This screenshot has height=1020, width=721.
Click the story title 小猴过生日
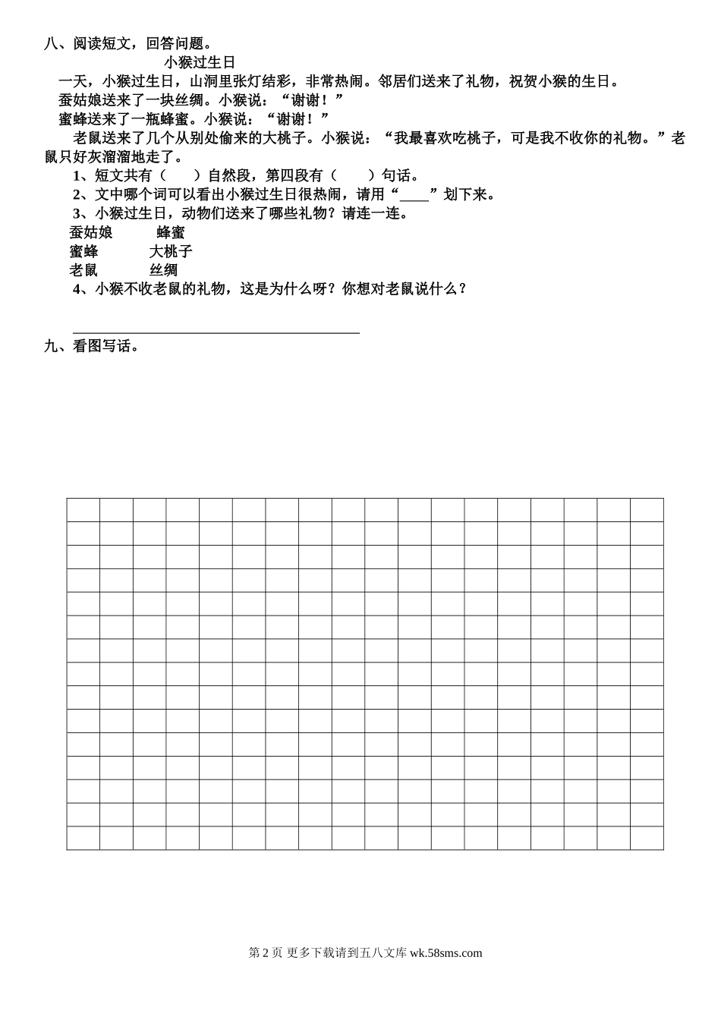point(200,62)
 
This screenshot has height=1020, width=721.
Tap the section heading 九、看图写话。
point(92,346)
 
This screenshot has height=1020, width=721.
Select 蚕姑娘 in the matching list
point(90,232)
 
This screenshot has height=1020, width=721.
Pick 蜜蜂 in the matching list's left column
point(83,251)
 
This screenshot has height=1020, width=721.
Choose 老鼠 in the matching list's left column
point(83,269)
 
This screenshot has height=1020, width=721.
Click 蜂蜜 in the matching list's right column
point(171,232)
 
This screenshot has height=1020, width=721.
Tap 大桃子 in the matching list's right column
point(171,251)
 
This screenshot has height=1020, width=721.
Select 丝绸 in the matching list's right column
point(164,269)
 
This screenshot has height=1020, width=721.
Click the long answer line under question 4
point(216,332)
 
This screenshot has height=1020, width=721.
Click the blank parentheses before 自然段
point(180,176)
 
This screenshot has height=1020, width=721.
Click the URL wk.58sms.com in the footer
point(446,953)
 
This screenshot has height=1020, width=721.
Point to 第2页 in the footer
point(266,953)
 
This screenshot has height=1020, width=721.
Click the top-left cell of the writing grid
point(83,510)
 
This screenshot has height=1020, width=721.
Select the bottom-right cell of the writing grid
point(647,838)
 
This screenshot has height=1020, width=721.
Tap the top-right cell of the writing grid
point(647,510)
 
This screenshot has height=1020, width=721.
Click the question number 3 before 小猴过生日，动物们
point(77,213)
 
